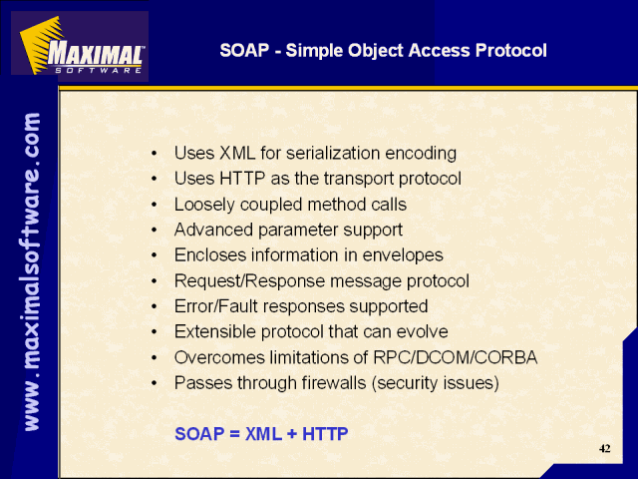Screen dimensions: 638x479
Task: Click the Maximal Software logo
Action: (80, 46)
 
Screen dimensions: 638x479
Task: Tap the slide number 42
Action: (605, 448)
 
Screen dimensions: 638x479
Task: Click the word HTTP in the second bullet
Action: (242, 179)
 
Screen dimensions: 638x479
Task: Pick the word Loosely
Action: (204, 205)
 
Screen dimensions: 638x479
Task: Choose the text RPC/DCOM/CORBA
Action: (456, 357)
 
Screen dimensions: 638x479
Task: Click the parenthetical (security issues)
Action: (435, 383)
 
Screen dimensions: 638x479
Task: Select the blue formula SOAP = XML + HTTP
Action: (261, 434)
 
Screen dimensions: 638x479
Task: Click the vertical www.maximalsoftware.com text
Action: (32, 271)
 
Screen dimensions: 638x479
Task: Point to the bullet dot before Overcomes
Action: (154, 358)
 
